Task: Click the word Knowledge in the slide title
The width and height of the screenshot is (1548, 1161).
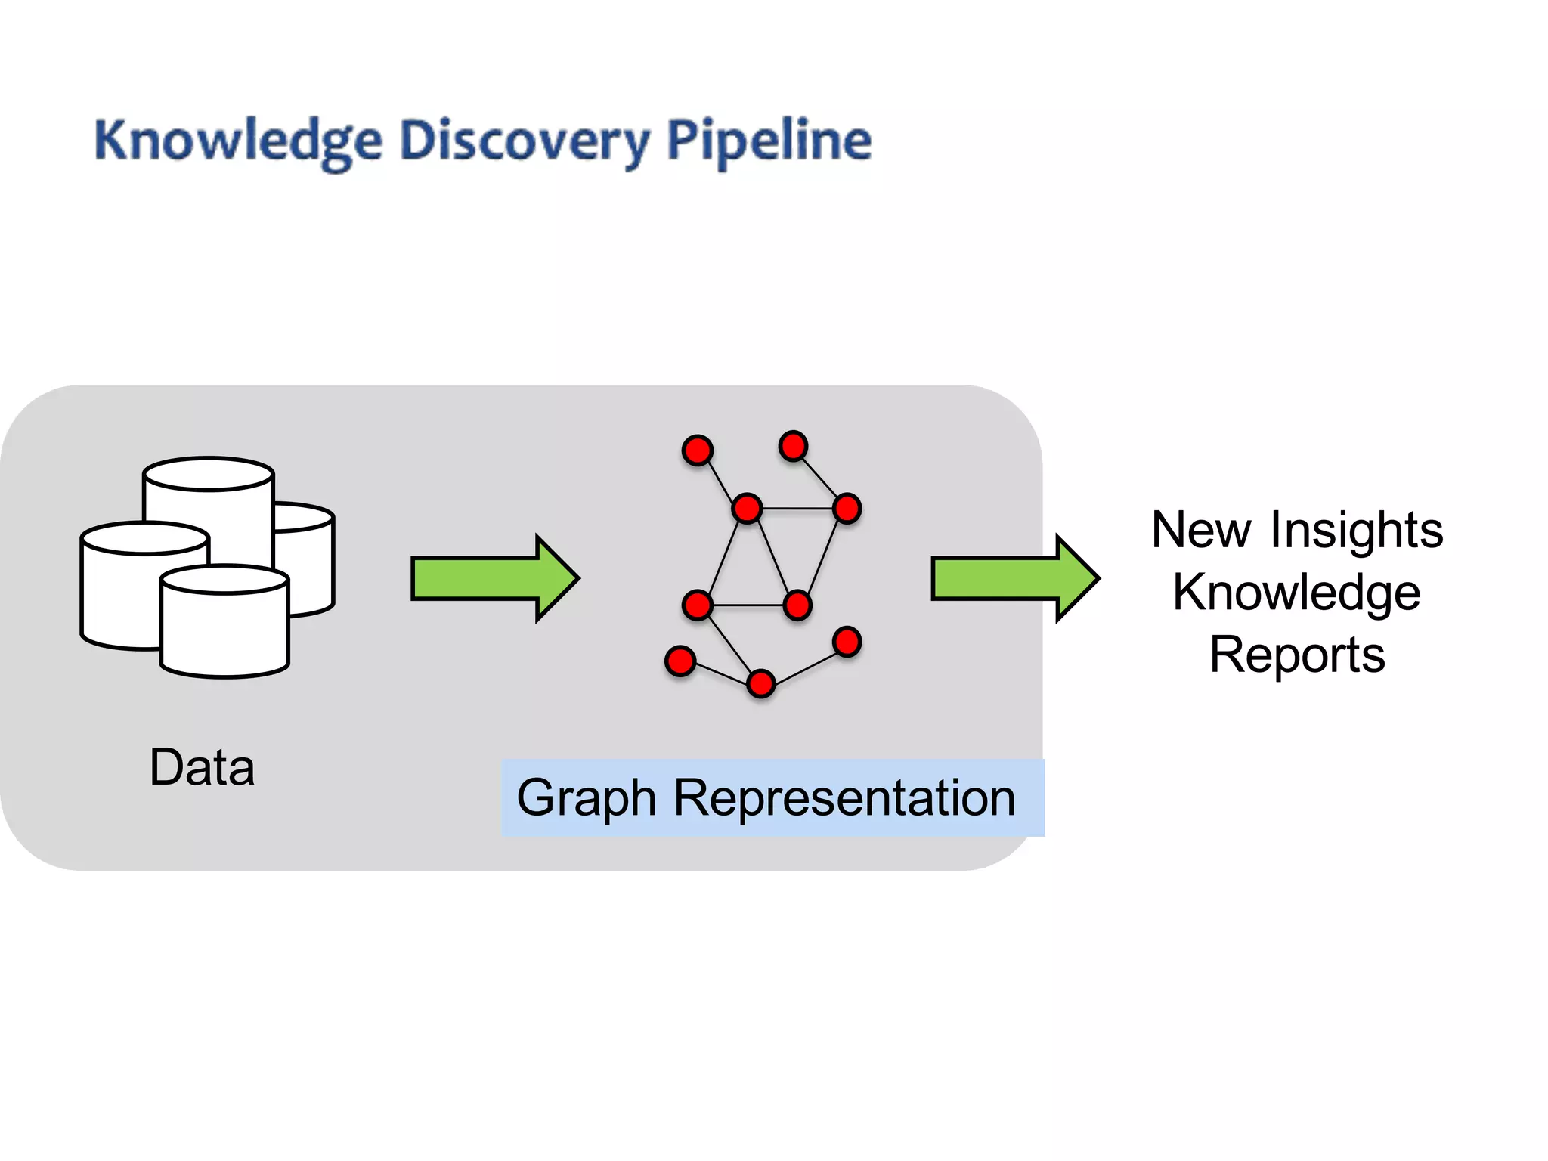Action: coord(238,142)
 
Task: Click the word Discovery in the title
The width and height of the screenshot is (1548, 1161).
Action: coord(524,142)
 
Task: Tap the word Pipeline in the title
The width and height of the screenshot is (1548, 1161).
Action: coord(769,142)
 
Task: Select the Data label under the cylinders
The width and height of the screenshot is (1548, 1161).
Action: coord(202,767)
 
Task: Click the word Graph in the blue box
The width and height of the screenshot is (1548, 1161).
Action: coord(586,799)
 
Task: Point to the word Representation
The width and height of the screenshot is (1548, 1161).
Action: coord(844,799)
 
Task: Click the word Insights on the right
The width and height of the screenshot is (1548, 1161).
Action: coord(1356,530)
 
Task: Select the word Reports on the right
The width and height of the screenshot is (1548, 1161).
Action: coord(1297,655)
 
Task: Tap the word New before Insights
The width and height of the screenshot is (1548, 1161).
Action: coord(1201,530)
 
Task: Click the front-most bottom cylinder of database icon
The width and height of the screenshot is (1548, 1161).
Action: coord(224,627)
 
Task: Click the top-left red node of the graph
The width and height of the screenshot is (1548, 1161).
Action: coord(697,450)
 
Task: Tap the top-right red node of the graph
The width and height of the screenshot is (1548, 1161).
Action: coord(793,446)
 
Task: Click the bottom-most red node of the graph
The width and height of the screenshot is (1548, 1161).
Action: coord(760,683)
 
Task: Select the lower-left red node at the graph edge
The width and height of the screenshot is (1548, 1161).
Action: coord(680,661)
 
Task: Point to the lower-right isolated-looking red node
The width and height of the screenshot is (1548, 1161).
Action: coord(847,642)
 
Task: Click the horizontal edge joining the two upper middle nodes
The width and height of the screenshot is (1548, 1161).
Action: coord(797,509)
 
